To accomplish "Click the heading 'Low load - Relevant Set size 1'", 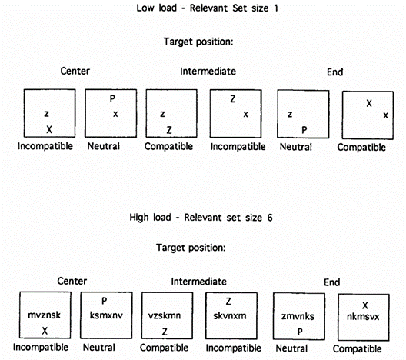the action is click(207, 8).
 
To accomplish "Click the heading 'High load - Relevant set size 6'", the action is click(201, 217).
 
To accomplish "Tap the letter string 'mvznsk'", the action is click(45, 315).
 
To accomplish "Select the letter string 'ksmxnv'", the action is click(106, 315).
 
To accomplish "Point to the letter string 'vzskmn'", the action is click(165, 315).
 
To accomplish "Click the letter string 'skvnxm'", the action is click(230, 315).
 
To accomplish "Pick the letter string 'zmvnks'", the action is click(298, 316).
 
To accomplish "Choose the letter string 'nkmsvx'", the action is click(363, 316).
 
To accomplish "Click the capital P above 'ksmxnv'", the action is click(104, 301).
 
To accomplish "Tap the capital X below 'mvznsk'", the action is click(45, 331).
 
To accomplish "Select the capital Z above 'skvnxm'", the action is click(228, 302).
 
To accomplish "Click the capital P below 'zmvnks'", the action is click(300, 332).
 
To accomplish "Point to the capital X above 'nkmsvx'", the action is click(365, 305).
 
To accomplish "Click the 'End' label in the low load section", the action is click(334, 72).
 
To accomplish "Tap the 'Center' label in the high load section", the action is click(72, 281).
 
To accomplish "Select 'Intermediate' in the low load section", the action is click(208, 72).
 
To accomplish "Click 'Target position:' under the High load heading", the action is click(191, 248).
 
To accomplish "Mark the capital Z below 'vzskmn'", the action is click(165, 332).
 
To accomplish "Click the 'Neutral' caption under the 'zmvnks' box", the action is click(291, 348).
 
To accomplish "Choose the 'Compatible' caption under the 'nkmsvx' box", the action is click(357, 349).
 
